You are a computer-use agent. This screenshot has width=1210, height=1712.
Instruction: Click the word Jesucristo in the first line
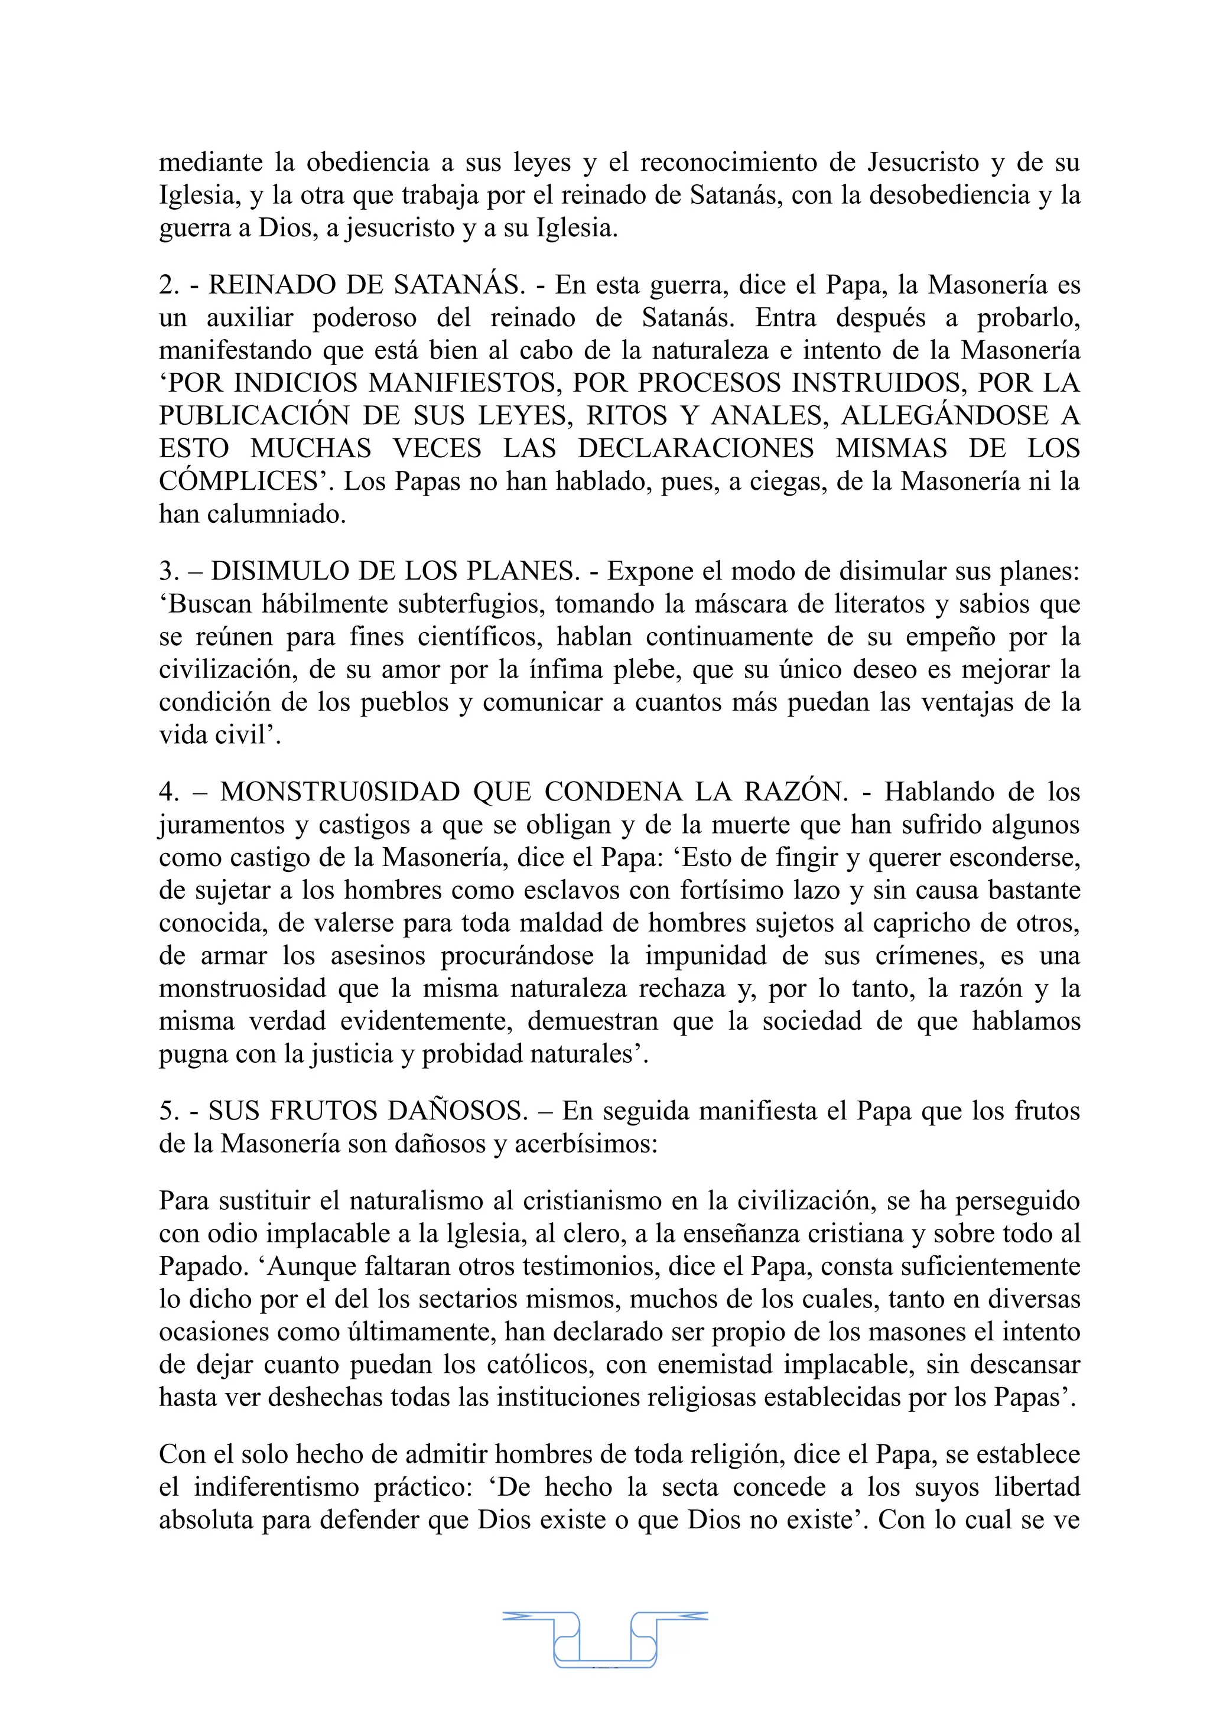[x=923, y=162]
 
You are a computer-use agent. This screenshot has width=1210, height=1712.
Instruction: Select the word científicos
[x=480, y=637]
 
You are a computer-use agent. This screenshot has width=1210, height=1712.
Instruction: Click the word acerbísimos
[x=581, y=1144]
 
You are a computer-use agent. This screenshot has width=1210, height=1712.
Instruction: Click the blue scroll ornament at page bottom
[x=604, y=1639]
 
